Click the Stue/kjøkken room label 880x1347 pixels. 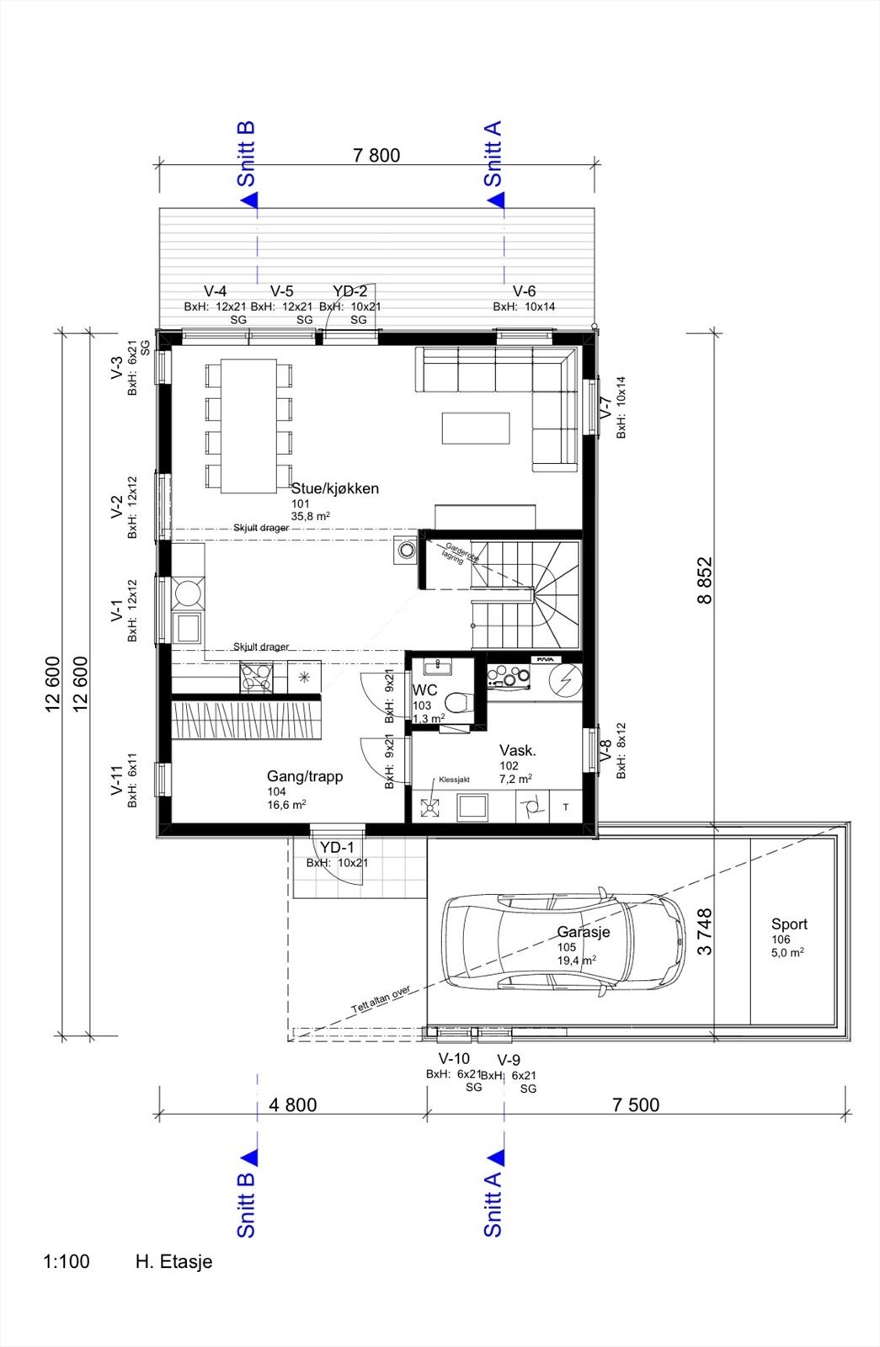(x=334, y=488)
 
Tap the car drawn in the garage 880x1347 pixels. (x=564, y=940)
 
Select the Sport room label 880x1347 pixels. (x=789, y=924)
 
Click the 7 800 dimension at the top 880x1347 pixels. (x=376, y=155)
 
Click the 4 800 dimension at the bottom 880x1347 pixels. (x=293, y=1105)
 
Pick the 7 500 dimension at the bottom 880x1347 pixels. (x=636, y=1105)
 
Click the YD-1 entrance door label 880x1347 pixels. (x=337, y=848)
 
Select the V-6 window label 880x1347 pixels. (x=524, y=292)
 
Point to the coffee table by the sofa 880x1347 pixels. (x=476, y=428)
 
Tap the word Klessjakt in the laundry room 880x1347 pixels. (x=454, y=780)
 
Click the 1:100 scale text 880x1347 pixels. (x=66, y=1262)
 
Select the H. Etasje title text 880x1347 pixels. (x=173, y=1262)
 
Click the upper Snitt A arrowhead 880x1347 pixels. (x=497, y=200)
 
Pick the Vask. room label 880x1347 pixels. (x=517, y=751)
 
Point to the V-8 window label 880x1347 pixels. (x=605, y=749)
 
